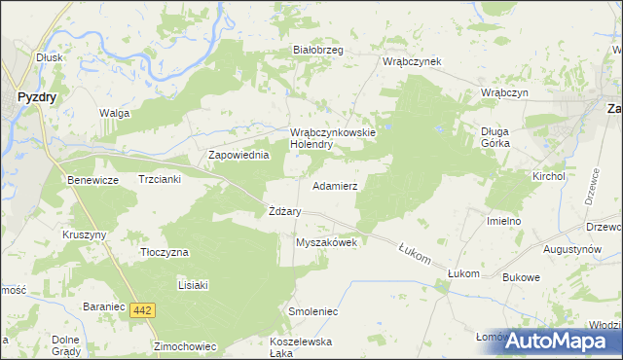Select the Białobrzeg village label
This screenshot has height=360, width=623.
318,51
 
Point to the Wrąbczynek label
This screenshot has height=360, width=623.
413,61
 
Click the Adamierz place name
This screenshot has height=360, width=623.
335,185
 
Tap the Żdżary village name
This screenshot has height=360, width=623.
284,211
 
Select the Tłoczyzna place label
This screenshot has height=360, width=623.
163,252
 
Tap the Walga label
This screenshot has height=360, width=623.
114,113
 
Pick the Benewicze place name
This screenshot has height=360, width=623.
92,181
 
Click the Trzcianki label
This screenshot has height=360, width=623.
162,181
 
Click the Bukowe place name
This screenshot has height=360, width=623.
521,277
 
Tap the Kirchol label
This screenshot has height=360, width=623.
548,176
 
